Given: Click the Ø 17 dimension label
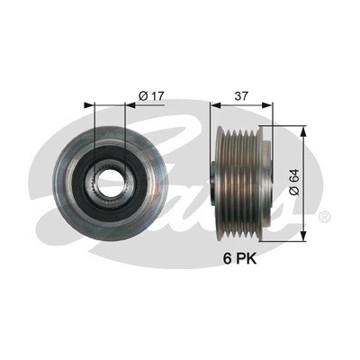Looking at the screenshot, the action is tap(151, 96).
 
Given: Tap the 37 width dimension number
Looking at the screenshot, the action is tap(242, 96).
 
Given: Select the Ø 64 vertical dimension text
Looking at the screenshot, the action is tap(294, 182).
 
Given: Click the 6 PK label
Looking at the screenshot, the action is tap(239, 259).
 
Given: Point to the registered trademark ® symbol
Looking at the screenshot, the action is tap(324, 216).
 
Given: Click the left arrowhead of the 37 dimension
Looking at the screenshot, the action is tap(215, 105).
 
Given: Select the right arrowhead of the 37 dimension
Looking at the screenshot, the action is tap(267, 105).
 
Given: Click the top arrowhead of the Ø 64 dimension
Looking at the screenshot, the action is tap(304, 130).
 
